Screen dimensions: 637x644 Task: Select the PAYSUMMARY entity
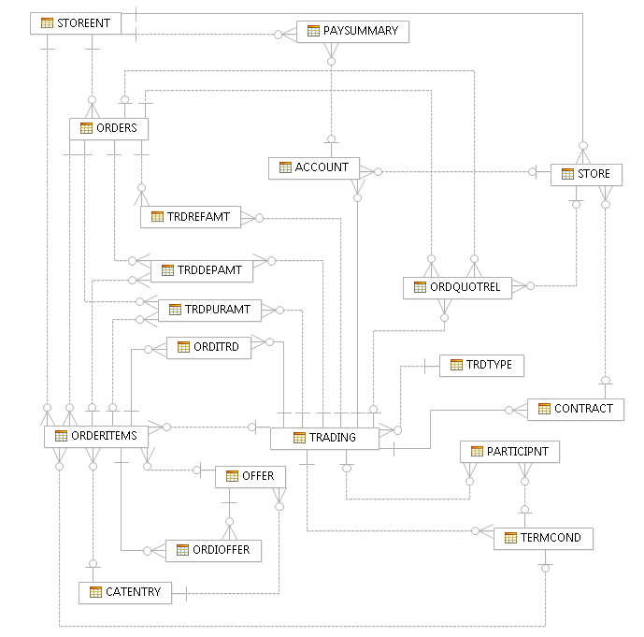point(352,32)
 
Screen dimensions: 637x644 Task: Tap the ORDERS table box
point(109,129)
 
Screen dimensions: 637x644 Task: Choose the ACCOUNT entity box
point(313,168)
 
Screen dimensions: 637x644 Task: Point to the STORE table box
point(585,174)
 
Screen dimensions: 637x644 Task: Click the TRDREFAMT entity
point(190,217)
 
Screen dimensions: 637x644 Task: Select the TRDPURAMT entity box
point(209,310)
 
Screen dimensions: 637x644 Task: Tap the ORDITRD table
point(208,347)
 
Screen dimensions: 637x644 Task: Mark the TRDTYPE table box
point(481,365)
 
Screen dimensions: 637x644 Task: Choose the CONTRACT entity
point(575,409)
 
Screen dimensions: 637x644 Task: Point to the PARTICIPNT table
point(510,452)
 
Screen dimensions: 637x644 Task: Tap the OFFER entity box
point(250,476)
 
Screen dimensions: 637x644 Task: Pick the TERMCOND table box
point(542,538)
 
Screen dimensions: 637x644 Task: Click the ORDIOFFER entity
point(212,550)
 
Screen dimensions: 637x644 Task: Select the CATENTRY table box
point(125,592)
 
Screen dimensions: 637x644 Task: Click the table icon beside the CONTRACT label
point(544,409)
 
